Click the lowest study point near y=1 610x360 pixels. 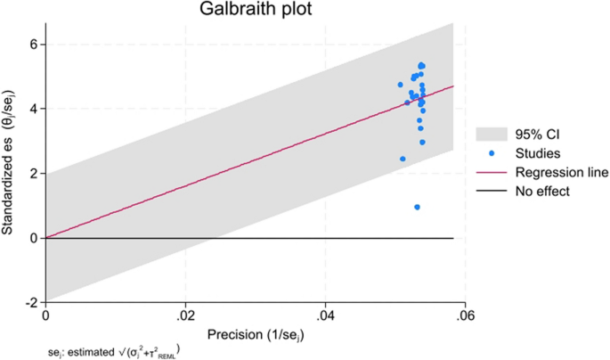point(417,207)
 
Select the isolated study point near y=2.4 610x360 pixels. point(403,159)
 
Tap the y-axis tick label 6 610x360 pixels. point(33,44)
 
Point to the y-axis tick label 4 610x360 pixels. point(33,109)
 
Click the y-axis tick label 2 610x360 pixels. point(33,173)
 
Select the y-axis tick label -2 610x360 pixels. point(30,302)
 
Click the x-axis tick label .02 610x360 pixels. point(185,315)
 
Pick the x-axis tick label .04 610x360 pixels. point(326,315)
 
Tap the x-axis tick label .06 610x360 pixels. point(466,315)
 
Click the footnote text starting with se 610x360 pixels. point(111,350)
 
